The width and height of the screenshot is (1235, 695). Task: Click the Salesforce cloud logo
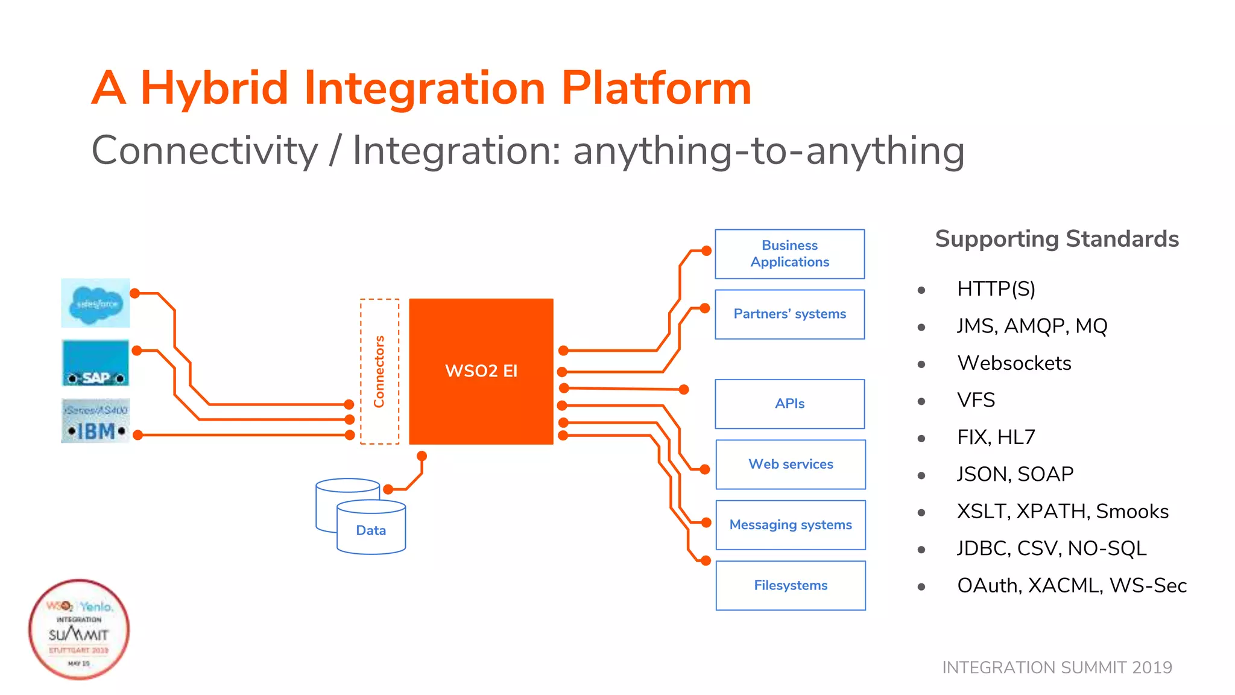pyautogui.click(x=96, y=303)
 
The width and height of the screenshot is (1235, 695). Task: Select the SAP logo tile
pyautogui.click(x=96, y=363)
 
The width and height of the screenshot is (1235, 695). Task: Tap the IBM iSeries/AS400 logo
pyautogui.click(x=96, y=421)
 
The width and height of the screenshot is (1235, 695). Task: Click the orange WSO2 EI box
pyautogui.click(x=481, y=371)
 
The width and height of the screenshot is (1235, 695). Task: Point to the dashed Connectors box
pyautogui.click(x=379, y=372)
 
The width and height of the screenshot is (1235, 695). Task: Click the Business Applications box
pyautogui.click(x=789, y=254)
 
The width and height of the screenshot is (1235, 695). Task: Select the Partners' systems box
pyautogui.click(x=789, y=314)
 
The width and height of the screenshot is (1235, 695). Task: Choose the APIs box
pyautogui.click(x=789, y=404)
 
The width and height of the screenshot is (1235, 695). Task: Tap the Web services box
pyautogui.click(x=790, y=464)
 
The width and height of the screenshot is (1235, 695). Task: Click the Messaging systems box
pyautogui.click(x=790, y=525)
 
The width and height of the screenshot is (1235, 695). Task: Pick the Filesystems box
pyautogui.click(x=790, y=585)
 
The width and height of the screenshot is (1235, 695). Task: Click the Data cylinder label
pyautogui.click(x=371, y=530)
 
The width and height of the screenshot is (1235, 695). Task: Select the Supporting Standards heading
pyautogui.click(x=1057, y=239)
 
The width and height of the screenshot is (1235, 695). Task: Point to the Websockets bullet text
pyautogui.click(x=1014, y=363)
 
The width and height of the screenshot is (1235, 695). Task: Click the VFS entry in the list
pyautogui.click(x=976, y=400)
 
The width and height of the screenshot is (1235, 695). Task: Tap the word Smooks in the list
pyautogui.click(x=1132, y=512)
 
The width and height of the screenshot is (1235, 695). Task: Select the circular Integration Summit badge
pyautogui.click(x=79, y=630)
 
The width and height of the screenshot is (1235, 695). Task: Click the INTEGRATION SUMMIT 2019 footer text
pyautogui.click(x=1057, y=667)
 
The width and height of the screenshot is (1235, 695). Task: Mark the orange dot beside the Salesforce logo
pyautogui.click(x=135, y=293)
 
